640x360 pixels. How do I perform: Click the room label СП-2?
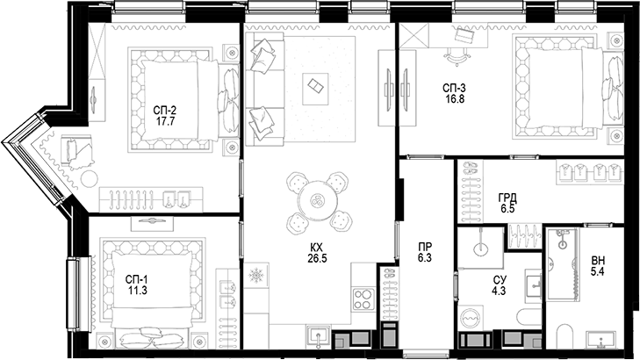tap(165, 110)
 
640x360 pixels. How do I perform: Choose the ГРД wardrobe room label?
tap(507, 198)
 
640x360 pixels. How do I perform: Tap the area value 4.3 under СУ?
tap(498, 290)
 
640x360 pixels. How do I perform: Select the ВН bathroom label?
tap(598, 261)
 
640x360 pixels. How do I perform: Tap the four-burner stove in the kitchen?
tap(363, 299)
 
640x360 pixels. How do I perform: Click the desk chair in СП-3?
tap(457, 55)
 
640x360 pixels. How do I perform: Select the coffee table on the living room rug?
tap(313, 86)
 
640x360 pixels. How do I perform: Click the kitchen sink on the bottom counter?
tap(318, 335)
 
